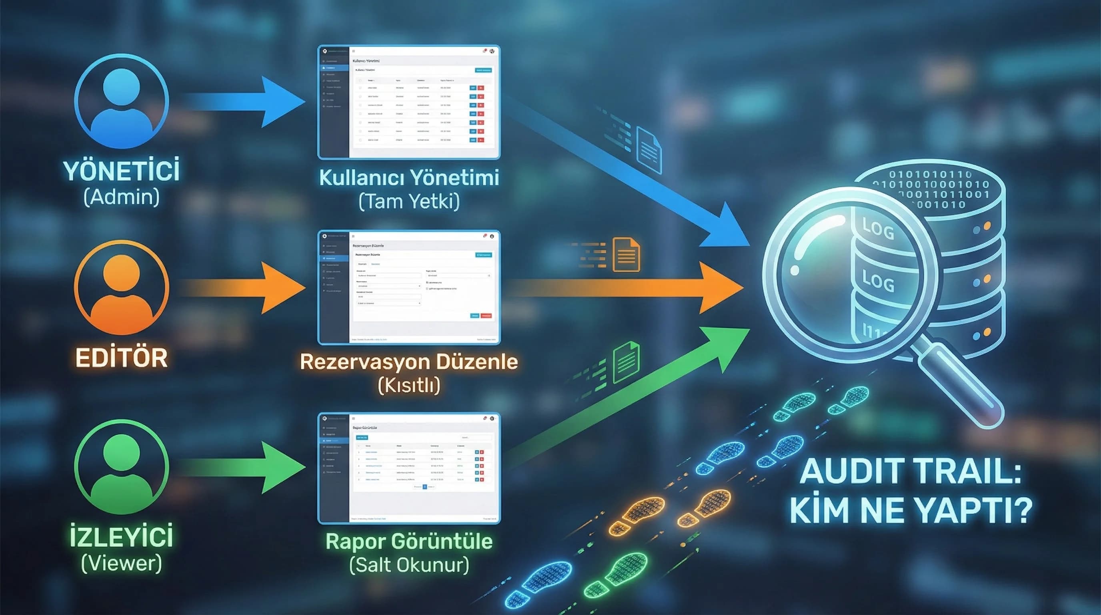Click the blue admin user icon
[121, 101]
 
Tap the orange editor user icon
[121, 287]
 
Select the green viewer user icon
[121, 466]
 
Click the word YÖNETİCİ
[121, 171]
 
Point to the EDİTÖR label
[121, 358]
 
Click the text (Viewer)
[121, 563]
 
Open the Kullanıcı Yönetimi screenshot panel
[409, 102]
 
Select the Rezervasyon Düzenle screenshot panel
[409, 287]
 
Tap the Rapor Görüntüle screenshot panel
[409, 468]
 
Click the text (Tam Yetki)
[409, 201]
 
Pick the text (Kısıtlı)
[409, 386]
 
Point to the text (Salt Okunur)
[409, 565]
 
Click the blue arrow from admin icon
[248, 102]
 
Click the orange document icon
[627, 255]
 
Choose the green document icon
[627, 363]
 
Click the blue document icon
[649, 151]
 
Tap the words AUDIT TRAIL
[911, 472]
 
